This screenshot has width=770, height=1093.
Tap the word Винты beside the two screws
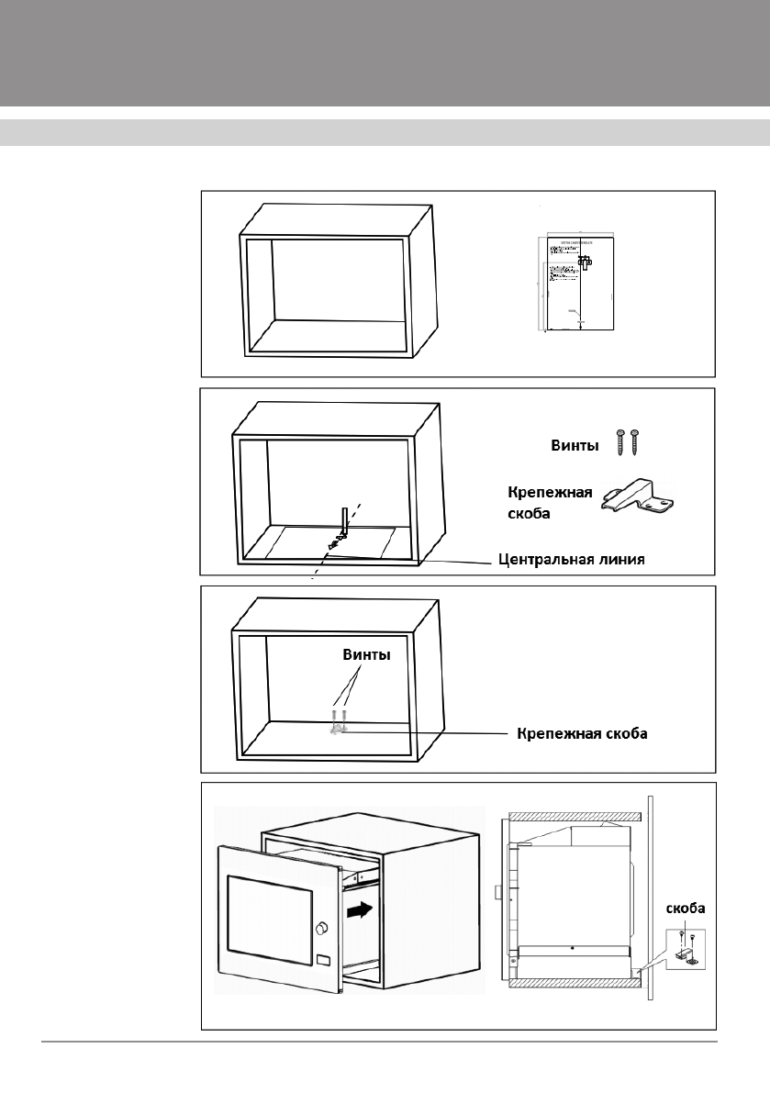[x=575, y=445]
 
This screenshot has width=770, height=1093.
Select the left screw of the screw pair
[x=620, y=441]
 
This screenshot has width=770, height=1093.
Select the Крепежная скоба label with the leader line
[x=583, y=734]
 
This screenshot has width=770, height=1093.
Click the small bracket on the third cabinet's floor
[x=338, y=728]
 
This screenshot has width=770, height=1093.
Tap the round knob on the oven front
[x=322, y=929]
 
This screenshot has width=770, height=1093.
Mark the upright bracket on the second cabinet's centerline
[x=344, y=521]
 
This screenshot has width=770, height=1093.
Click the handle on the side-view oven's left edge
[x=496, y=890]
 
